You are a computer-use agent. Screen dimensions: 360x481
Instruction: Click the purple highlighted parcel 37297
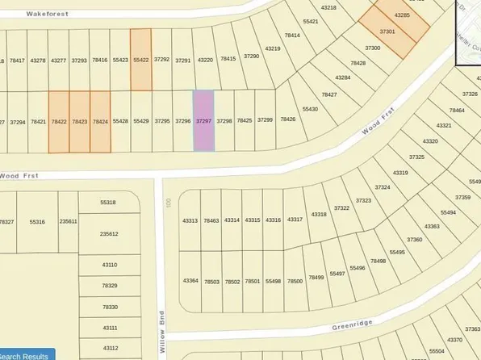(203, 120)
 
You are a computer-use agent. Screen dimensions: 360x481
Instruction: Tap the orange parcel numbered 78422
(59, 121)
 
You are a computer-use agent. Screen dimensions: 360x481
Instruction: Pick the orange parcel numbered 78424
(100, 121)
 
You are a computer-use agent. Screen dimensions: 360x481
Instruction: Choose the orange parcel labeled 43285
(403, 16)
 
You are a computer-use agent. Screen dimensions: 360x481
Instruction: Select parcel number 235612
(109, 233)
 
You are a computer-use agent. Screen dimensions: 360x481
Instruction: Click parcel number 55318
(108, 203)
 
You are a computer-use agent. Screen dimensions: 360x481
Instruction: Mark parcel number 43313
(190, 220)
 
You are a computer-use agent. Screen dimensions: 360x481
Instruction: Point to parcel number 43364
(190, 280)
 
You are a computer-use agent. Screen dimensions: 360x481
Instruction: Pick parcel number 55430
(310, 108)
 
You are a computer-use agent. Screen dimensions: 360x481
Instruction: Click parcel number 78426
(287, 119)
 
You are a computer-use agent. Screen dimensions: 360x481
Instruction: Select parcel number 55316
(37, 221)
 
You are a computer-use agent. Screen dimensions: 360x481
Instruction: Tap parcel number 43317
(295, 219)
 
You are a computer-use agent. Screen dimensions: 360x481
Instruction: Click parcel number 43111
(110, 328)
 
